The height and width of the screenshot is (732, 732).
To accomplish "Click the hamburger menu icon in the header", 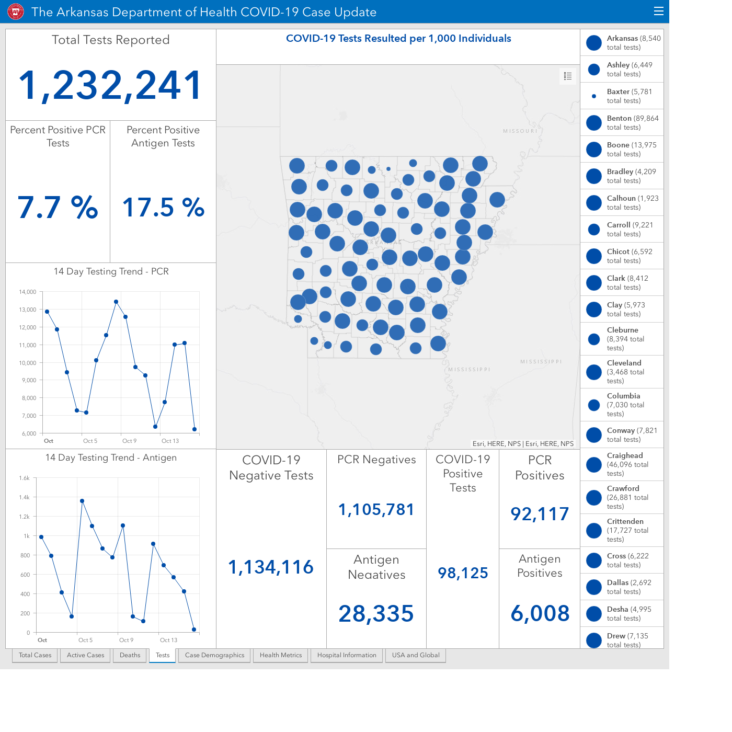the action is tap(658, 12).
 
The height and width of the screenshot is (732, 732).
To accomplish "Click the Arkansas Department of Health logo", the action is tap(16, 12).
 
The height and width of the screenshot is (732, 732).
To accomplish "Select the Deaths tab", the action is tap(130, 655).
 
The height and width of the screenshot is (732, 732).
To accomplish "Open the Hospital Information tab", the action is tap(347, 655).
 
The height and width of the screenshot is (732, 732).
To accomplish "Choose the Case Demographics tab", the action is tap(214, 655).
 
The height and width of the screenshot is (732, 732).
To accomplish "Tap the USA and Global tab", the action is tap(416, 655).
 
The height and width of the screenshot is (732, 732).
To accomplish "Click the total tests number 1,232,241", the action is tap(110, 85).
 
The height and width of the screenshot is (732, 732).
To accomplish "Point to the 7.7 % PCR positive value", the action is tap(58, 208).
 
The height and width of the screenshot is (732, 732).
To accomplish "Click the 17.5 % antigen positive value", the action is tap(163, 208).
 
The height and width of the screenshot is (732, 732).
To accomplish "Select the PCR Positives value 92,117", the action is tap(540, 514).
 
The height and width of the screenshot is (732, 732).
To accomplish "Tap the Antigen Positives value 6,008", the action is tap(540, 613).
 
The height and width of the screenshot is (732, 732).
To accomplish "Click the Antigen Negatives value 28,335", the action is tap(376, 613).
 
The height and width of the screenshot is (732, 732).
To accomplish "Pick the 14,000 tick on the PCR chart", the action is tap(28, 292).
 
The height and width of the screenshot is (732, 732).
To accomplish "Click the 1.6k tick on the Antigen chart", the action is tap(24, 478).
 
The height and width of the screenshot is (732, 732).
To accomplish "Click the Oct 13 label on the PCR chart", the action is tap(170, 441).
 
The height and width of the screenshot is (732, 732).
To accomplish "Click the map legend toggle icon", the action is tap(567, 76).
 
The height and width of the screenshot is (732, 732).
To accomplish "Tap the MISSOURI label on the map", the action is tap(520, 131).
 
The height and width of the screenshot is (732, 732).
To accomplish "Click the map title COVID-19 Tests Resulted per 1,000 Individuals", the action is tap(398, 38).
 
